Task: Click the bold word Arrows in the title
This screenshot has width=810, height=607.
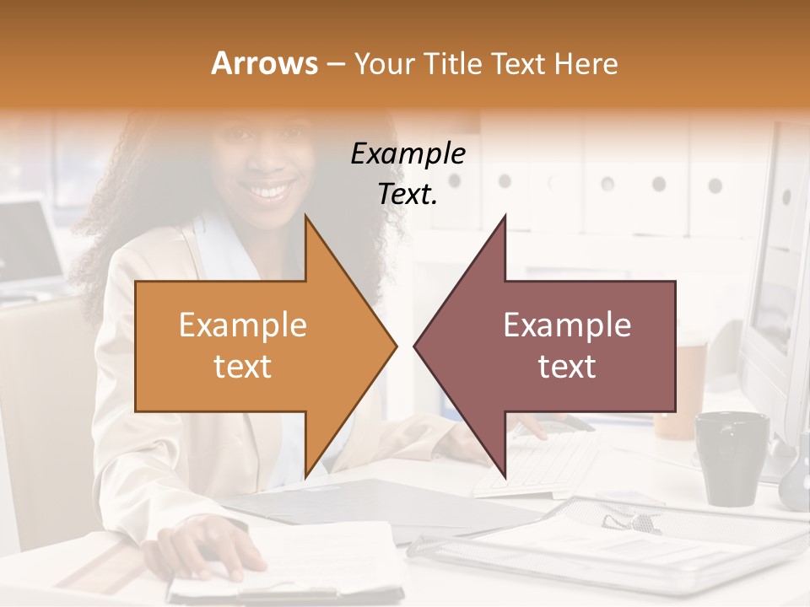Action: tap(264, 63)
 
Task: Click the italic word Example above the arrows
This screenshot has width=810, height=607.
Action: tap(408, 153)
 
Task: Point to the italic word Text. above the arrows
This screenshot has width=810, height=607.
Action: tap(408, 194)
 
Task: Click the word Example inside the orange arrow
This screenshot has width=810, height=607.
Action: tap(243, 325)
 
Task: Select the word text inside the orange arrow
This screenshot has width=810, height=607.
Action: tap(243, 367)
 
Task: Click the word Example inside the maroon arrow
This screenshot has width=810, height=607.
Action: tap(567, 325)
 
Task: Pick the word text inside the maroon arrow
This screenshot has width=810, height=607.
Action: tap(567, 367)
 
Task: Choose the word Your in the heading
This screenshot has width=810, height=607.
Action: tap(379, 63)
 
